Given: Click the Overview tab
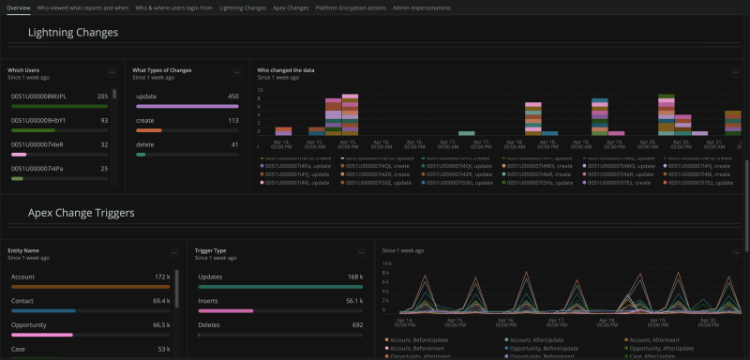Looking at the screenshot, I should point(18,7).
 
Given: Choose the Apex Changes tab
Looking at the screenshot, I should point(291,7).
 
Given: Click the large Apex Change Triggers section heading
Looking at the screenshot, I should point(81,213).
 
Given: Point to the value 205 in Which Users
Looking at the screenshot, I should point(102,96).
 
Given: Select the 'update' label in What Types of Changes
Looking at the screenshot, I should point(146,96).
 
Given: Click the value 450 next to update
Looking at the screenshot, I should point(232,96).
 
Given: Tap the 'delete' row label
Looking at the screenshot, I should point(145,144).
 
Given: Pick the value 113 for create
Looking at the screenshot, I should point(232,120).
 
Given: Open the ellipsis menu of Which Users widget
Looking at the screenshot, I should point(112,71).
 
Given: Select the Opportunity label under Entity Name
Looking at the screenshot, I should point(30,323).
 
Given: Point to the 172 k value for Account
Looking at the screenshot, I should point(162,277).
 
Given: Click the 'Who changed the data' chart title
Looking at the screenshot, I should point(286,69).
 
